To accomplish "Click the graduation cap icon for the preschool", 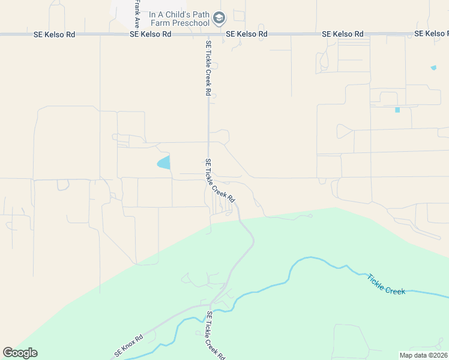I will pos(218,18).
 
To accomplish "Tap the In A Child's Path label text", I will pos(179,14).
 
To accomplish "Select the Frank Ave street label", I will pos(137,14).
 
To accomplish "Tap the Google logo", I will pos(20,353).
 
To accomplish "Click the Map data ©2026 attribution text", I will pos(423,355).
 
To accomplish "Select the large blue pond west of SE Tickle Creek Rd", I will pos(164,162).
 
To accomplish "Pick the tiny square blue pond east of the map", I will pos(397,110).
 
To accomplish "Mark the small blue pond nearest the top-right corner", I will pos(433,68).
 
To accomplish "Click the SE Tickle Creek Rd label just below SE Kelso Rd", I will pos(208,68).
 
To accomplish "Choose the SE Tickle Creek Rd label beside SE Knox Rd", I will pos(216,335).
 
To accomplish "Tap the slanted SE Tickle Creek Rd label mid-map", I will pos(219,180).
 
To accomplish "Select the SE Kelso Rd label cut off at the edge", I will pos(432,34).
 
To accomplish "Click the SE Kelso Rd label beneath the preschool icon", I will pos(247,34).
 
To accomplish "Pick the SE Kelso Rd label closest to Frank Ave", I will pos(151,34).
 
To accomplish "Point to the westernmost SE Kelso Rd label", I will pos(55,34).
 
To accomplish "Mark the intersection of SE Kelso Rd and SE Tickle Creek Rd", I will pos(208,34).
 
